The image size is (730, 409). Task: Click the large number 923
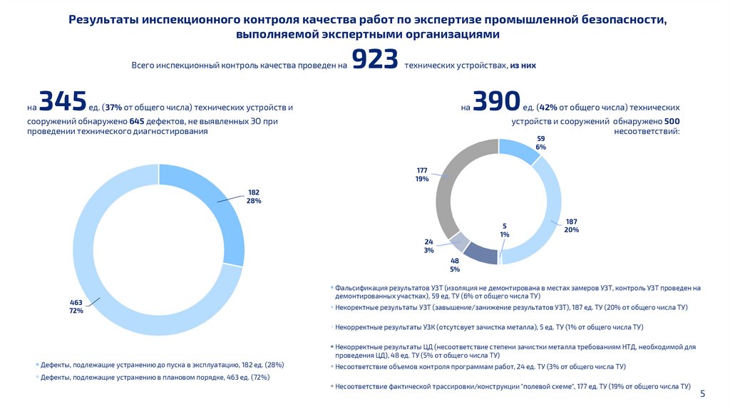[374, 61]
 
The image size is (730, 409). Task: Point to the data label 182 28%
[254, 197]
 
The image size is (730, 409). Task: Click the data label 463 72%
[76, 307]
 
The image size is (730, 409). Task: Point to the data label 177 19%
[422, 175]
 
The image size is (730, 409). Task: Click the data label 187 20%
[571, 225]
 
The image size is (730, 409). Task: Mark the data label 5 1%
[505, 229]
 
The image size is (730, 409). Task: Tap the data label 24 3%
[428, 245]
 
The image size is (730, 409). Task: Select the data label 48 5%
[455, 265]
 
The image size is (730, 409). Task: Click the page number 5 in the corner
[702, 394]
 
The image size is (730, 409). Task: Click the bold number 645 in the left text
[138, 121]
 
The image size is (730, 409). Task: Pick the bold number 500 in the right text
[672, 121]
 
